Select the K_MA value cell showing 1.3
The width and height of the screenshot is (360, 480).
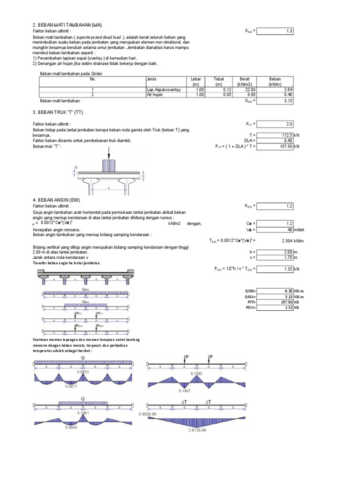point(276,31)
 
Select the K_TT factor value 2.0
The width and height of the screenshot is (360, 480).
point(276,124)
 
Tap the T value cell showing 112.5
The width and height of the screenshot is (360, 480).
point(276,135)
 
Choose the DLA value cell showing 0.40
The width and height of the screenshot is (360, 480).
point(276,140)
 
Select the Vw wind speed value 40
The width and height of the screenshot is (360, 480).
point(276,230)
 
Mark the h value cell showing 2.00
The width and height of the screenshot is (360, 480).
point(276,252)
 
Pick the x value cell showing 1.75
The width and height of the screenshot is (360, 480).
point(276,257)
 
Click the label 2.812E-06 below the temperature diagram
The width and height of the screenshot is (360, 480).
point(197,429)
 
